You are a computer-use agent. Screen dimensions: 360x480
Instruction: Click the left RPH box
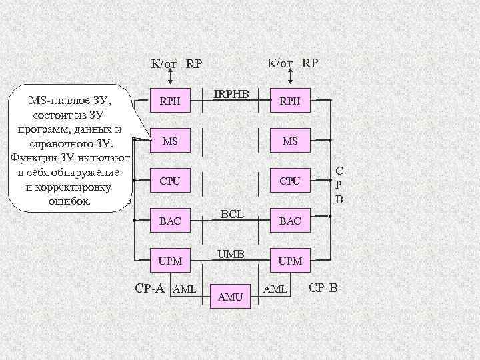click(x=170, y=101)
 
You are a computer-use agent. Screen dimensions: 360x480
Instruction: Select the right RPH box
click(x=290, y=101)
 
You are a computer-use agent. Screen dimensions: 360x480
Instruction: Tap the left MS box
click(x=170, y=141)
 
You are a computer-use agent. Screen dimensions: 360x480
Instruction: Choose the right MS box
click(x=290, y=141)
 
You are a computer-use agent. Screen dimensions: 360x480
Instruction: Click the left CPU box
click(x=170, y=181)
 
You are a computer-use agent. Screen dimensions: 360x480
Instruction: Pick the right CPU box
click(x=290, y=181)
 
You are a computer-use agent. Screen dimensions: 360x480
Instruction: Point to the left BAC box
click(x=170, y=221)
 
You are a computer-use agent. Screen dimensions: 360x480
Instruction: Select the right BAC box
click(x=290, y=221)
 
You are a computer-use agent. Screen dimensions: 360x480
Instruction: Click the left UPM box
click(x=170, y=261)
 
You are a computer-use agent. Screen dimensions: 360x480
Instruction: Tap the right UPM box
click(x=290, y=261)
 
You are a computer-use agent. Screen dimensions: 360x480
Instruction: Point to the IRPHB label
click(x=231, y=95)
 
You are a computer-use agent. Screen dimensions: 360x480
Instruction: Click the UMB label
click(x=231, y=254)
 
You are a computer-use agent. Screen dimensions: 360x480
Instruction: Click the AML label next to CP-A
click(x=184, y=289)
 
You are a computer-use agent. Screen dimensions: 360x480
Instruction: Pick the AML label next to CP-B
click(x=275, y=289)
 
